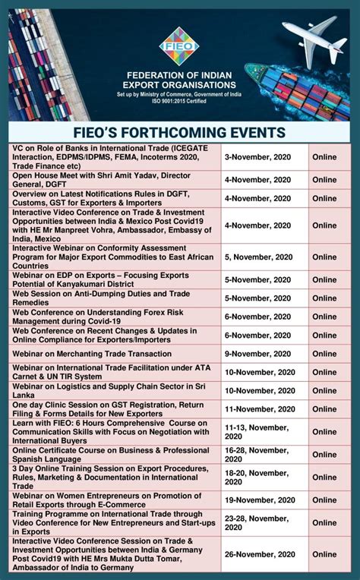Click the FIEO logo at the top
click(179, 45)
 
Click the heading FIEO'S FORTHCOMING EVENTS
click(179, 132)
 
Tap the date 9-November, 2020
click(257, 354)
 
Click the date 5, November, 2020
click(257, 257)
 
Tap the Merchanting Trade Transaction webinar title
click(86, 355)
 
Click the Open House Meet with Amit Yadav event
click(102, 179)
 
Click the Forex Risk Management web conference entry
click(103, 317)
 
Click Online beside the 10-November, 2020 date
click(324, 372)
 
